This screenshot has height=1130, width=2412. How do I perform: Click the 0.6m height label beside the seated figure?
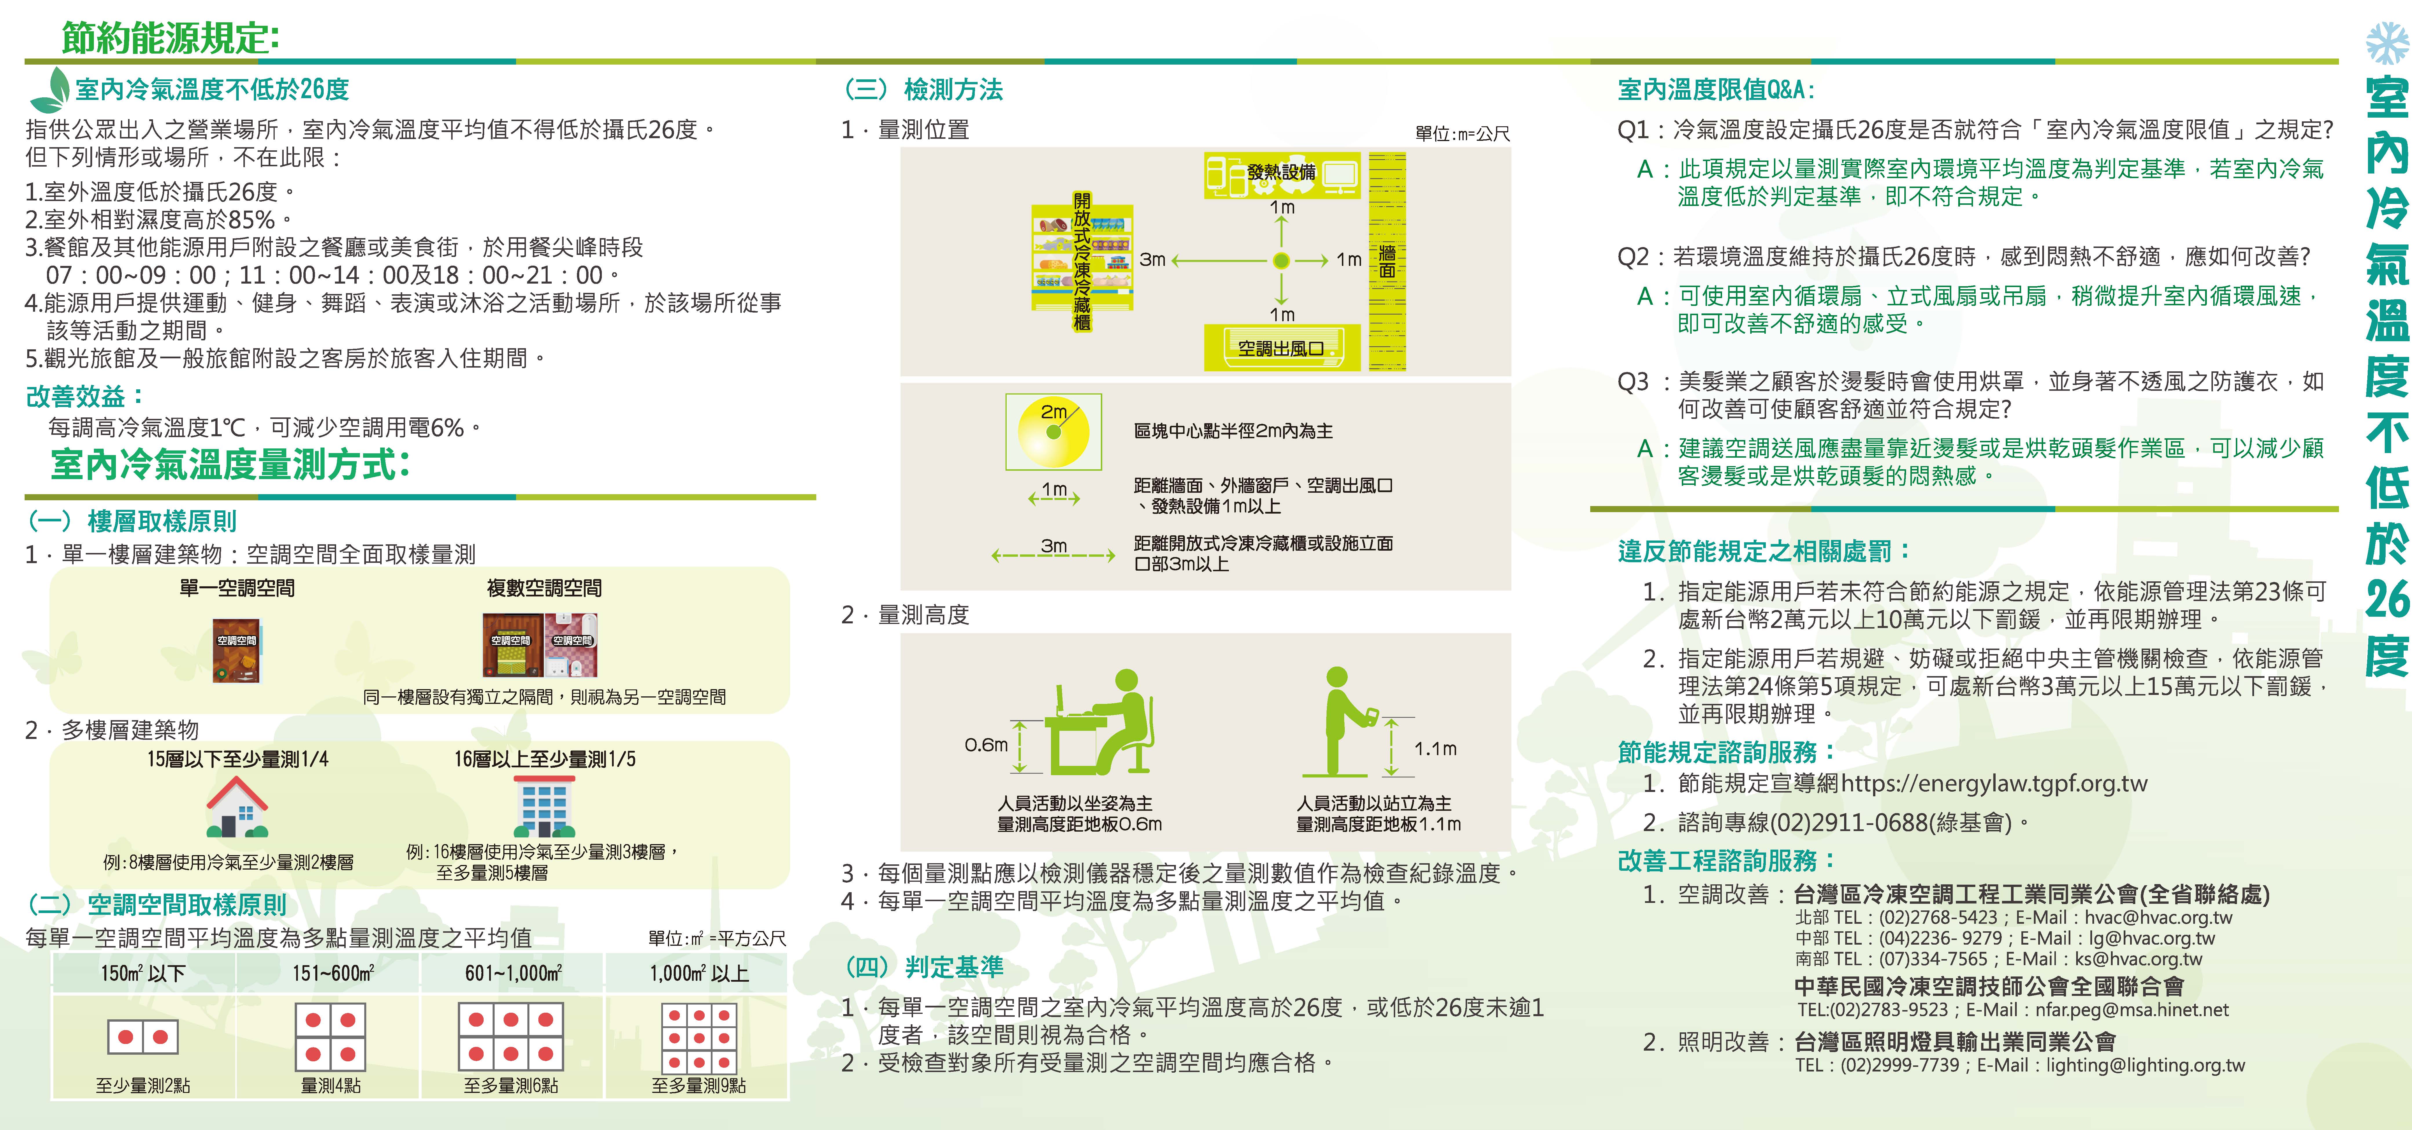click(986, 745)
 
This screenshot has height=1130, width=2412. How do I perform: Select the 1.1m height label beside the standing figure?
click(1435, 749)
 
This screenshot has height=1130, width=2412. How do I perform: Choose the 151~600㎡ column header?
click(332, 974)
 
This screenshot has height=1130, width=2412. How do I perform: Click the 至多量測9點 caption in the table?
click(699, 1085)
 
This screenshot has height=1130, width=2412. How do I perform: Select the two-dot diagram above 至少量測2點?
click(142, 1036)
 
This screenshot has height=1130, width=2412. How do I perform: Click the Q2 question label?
click(1634, 257)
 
